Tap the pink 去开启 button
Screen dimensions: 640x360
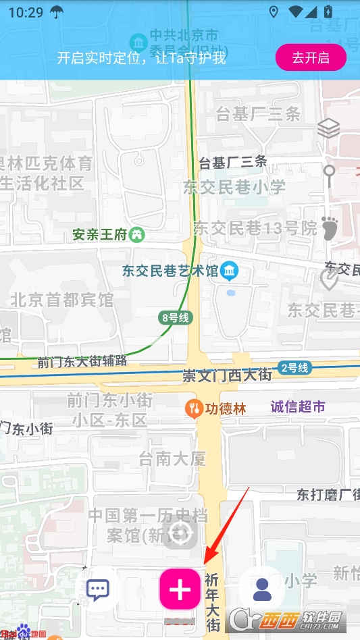[311, 57]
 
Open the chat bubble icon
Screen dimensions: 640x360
[99, 589]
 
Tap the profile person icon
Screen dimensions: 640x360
[262, 589]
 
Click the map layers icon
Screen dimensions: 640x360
[328, 128]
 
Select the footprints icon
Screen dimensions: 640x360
[329, 228]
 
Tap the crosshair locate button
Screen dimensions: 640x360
[180, 533]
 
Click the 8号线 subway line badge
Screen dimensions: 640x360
[175, 318]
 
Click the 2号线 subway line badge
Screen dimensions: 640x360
[294, 368]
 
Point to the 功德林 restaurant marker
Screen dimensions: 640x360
[194, 408]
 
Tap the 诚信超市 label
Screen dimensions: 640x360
[298, 406]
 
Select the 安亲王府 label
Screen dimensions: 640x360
[100, 235]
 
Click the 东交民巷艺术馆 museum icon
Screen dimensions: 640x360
[230, 271]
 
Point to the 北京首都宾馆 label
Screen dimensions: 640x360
[62, 300]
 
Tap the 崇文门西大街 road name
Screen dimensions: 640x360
[227, 375]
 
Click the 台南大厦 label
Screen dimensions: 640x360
[172, 460]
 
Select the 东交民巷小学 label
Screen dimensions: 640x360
[234, 188]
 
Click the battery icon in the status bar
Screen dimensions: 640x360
[328, 11]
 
